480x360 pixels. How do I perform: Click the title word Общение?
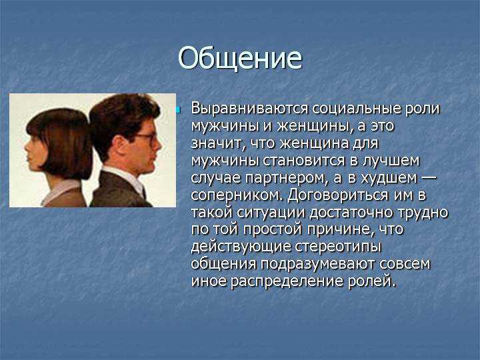[x=240, y=58]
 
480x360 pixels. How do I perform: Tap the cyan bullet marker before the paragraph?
[x=178, y=109]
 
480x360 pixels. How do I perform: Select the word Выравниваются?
[x=249, y=109]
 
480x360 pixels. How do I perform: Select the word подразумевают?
[x=318, y=265]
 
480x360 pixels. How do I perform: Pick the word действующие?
[x=241, y=247]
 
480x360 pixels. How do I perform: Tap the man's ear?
[x=119, y=143]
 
